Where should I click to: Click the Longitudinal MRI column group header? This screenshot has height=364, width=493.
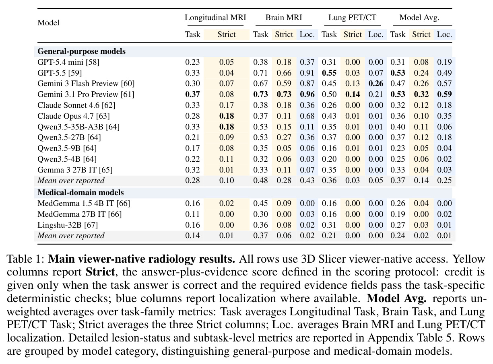(215, 18)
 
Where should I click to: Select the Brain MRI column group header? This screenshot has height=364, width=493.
(284, 18)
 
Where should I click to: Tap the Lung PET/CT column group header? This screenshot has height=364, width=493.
(352, 18)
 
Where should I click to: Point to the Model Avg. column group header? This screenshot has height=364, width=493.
(419, 18)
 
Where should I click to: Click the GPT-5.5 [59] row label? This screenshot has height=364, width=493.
(60, 73)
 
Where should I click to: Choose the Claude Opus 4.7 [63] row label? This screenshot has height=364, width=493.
(74, 116)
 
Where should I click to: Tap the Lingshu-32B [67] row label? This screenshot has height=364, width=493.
(68, 225)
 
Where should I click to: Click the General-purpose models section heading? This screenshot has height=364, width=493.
(81, 51)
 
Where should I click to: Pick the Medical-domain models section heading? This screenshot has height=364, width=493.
(80, 192)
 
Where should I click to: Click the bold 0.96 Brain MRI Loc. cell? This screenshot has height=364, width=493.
(307, 94)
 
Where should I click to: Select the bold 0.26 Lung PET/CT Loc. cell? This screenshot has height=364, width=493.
(375, 84)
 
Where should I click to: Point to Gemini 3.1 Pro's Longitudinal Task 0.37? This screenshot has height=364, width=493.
(192, 94)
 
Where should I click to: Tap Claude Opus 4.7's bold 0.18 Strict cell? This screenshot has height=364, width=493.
(227, 116)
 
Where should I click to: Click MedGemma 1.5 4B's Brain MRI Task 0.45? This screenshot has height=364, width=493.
(260, 204)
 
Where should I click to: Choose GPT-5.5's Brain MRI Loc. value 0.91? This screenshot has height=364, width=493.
(307, 73)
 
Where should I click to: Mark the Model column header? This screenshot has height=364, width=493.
(48, 23)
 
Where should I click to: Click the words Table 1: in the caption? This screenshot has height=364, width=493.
(26, 259)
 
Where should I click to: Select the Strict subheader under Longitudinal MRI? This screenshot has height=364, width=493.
(227, 35)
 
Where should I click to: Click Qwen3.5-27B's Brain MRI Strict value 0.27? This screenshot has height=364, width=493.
(284, 137)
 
